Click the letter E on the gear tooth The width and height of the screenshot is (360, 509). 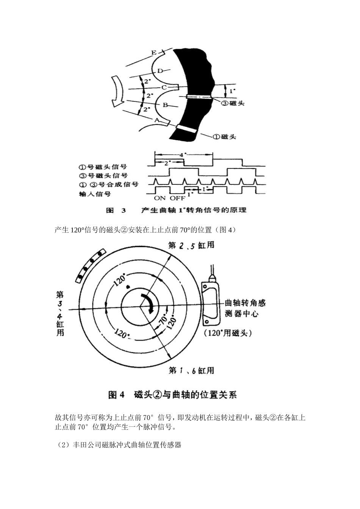tap(153, 52)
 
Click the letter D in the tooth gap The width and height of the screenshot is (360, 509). tap(160, 71)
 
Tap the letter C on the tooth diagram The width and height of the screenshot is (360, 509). tap(164, 87)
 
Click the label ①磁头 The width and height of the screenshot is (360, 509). tap(224, 137)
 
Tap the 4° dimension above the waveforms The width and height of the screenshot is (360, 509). tap(184, 155)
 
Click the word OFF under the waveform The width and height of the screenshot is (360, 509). tap(177, 198)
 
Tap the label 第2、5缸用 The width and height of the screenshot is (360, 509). tap(191, 245)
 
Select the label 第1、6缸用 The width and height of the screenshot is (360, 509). tap(191, 370)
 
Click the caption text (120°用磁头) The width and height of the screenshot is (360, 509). tap(228, 333)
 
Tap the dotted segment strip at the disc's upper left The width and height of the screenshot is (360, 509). tap(90, 265)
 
